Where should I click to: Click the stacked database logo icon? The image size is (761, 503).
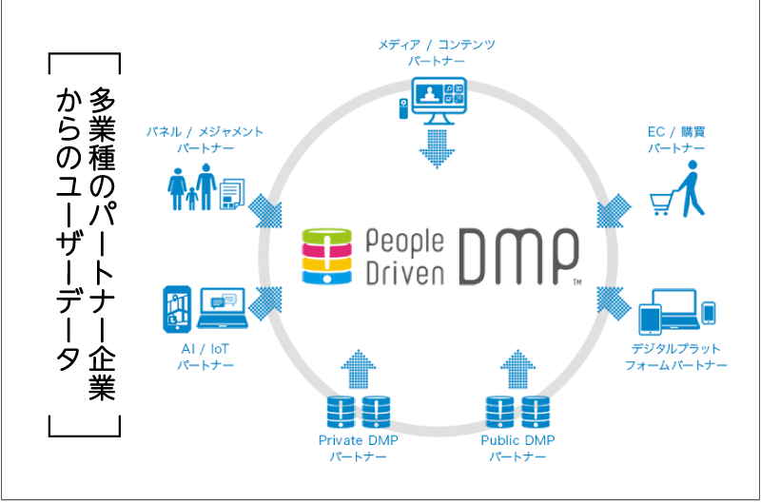327,256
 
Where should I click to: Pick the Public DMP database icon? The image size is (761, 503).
517,412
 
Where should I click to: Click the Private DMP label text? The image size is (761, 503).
357,440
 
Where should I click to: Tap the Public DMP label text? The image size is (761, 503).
517,440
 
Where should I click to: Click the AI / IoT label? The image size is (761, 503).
205,350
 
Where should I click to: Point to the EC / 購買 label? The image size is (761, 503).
676,132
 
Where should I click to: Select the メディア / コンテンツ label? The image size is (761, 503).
437,45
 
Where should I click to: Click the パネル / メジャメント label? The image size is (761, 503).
205,132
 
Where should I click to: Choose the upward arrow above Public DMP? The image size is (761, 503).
517,367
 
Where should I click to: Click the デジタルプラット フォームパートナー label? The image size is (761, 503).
676,356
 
